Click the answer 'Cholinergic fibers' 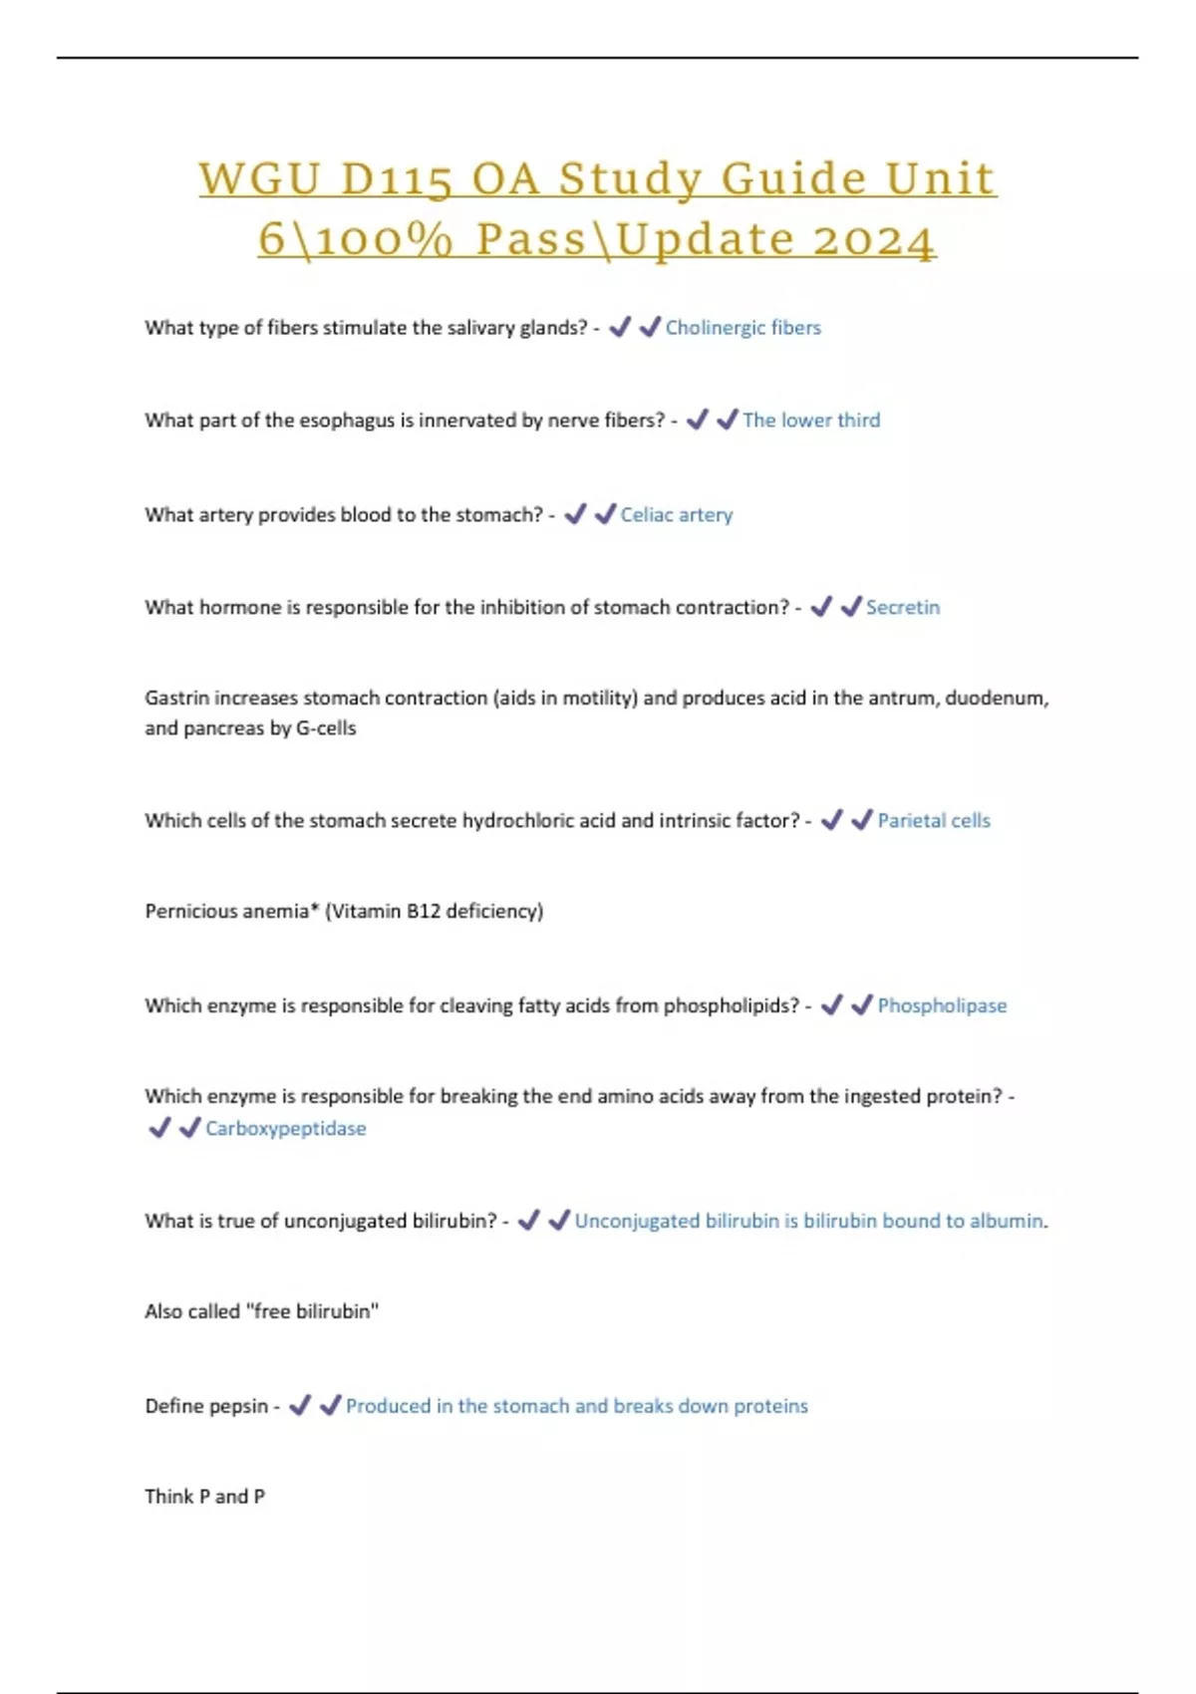pos(743,328)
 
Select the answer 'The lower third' pos(810,421)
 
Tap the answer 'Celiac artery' pos(676,515)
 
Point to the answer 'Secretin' pos(902,608)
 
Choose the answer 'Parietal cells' pos(933,821)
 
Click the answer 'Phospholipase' pos(941,1006)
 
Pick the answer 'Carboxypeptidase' pos(285,1129)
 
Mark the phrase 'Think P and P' pos(204,1497)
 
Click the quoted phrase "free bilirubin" pos(312,1312)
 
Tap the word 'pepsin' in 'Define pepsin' pos(239,1407)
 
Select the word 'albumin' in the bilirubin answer pos(1008,1222)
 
